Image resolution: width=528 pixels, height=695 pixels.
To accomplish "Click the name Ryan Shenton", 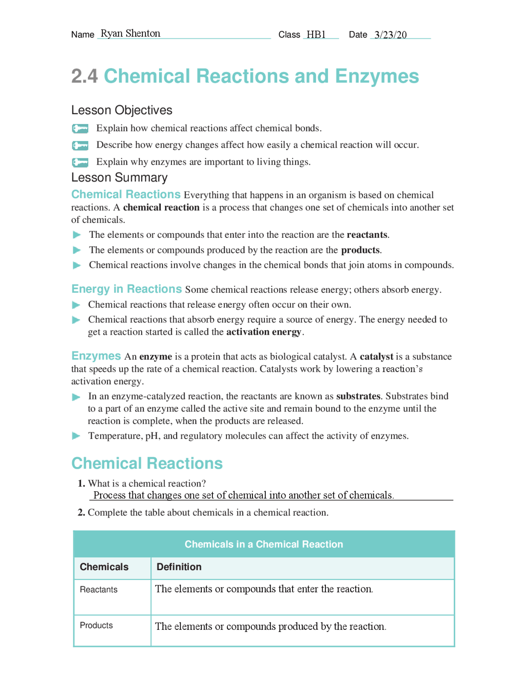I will pyautogui.click(x=130, y=34).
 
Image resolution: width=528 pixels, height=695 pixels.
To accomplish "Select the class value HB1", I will pyautogui.click(x=316, y=35).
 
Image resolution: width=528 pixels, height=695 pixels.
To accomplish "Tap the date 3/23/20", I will pyautogui.click(x=390, y=35).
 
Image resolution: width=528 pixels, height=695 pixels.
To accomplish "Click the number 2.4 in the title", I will pyautogui.click(x=85, y=76).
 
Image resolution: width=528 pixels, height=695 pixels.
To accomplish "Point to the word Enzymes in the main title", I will pyautogui.click(x=377, y=76).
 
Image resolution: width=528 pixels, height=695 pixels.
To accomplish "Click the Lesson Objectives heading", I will pyautogui.click(x=122, y=110).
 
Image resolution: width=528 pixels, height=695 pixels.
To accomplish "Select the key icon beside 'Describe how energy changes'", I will pyautogui.click(x=80, y=146).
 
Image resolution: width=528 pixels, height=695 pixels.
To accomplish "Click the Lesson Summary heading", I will pyautogui.click(x=119, y=178).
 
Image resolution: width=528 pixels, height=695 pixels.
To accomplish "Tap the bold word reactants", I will pyautogui.click(x=367, y=235).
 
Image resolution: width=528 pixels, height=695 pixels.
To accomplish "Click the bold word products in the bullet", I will pyautogui.click(x=360, y=250).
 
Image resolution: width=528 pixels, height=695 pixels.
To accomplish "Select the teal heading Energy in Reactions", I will pyautogui.click(x=126, y=289).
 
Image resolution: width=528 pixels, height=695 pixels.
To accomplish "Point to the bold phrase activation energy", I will pyautogui.click(x=264, y=332).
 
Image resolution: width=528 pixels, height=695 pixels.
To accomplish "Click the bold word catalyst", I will pyautogui.click(x=376, y=357).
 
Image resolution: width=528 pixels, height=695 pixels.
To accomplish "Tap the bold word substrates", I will pyautogui.click(x=358, y=397).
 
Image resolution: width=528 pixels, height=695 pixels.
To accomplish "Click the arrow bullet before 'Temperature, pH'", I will pyautogui.click(x=76, y=436).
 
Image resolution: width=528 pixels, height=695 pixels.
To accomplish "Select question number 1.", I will pyautogui.click(x=81, y=484).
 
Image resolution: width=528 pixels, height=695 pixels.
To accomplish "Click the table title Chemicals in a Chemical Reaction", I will pyautogui.click(x=264, y=544).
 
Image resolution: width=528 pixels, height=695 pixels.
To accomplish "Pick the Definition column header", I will pyautogui.click(x=179, y=567).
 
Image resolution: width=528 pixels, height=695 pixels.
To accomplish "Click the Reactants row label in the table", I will pyautogui.click(x=99, y=590).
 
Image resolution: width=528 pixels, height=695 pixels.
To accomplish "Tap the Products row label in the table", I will pyautogui.click(x=96, y=626).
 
